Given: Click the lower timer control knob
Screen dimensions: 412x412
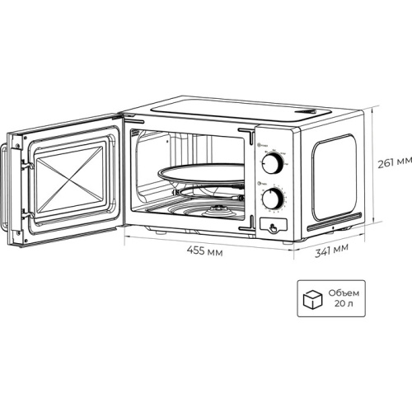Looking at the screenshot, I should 273,198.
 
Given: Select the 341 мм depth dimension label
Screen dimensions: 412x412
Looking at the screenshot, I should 331,248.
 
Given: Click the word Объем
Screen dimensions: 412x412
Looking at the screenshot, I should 348,293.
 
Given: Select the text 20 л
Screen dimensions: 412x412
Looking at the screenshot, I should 345,305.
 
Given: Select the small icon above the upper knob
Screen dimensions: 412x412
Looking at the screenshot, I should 261,147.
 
